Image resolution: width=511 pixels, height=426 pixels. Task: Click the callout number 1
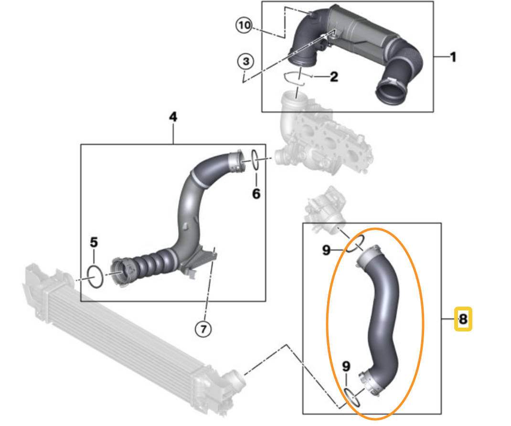click(453, 57)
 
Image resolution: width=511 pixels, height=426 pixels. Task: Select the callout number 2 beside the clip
click(333, 76)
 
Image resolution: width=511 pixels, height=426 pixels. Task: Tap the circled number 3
click(245, 62)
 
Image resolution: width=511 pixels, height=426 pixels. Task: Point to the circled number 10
click(244, 25)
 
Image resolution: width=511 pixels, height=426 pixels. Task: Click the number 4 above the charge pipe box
click(173, 117)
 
